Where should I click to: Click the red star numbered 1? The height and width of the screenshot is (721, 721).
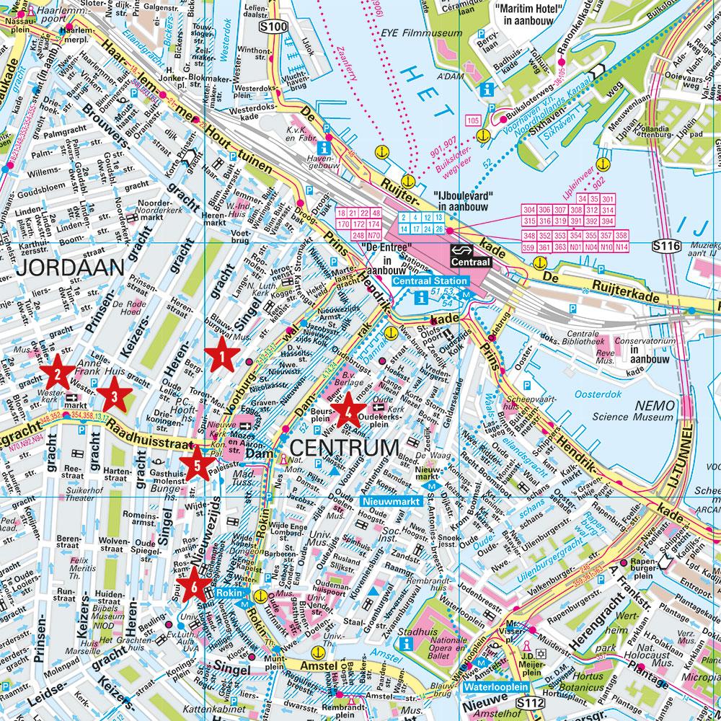coord(222,355)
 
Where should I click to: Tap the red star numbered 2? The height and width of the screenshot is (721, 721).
coord(56,373)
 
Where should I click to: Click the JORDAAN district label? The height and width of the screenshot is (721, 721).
coord(70,268)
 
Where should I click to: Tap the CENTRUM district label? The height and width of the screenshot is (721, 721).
coord(343,448)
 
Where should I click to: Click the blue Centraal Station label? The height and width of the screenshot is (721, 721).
coord(431,280)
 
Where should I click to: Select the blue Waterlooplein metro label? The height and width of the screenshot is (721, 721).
coord(497,687)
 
